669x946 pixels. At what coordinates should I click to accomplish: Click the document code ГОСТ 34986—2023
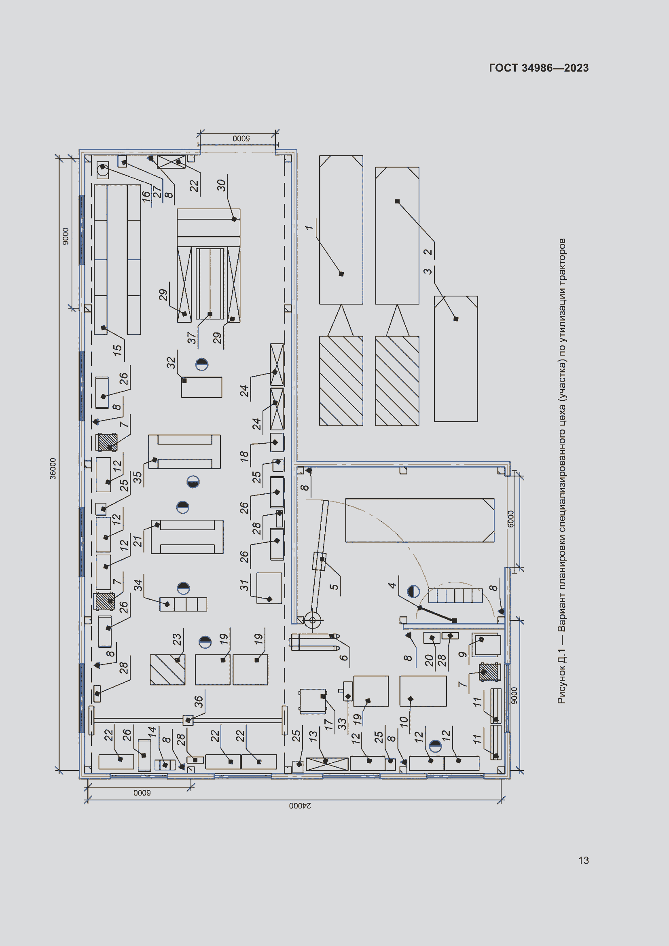(539, 68)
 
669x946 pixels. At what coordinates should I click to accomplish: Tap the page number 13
(583, 860)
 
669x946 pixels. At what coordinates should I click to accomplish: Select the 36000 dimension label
(53, 468)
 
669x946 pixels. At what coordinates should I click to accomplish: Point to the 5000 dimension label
(241, 138)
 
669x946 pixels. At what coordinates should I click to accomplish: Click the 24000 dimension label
(300, 805)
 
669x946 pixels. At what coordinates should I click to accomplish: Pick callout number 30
(222, 185)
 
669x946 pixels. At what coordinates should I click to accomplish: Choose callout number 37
(192, 338)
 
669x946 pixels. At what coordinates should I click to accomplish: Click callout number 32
(171, 363)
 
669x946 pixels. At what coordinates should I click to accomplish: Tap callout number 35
(137, 477)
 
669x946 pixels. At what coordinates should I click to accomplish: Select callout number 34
(138, 585)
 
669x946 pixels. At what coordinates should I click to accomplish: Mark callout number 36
(199, 701)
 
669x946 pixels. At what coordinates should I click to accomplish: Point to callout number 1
(309, 227)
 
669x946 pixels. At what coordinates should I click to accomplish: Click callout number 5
(334, 587)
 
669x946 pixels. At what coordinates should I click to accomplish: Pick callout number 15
(117, 351)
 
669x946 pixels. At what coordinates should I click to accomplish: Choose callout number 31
(245, 585)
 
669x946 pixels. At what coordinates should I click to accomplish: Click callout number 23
(177, 639)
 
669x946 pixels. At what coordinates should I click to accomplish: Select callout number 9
(463, 654)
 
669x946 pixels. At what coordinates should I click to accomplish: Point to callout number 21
(138, 541)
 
